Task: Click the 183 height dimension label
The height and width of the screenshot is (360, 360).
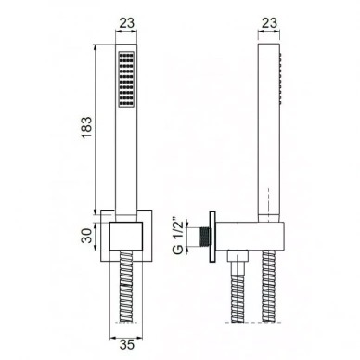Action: click(87, 127)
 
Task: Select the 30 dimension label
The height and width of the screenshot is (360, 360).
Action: click(87, 236)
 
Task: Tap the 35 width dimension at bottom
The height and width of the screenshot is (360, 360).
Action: click(126, 344)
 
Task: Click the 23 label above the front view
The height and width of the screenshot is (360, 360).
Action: click(127, 22)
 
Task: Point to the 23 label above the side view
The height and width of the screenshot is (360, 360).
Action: click(269, 22)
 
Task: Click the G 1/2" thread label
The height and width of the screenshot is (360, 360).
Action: click(179, 237)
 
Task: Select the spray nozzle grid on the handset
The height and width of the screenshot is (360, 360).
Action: click(126, 79)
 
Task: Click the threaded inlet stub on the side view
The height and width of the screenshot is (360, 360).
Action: click(204, 238)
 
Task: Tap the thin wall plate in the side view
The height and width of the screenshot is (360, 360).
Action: click(212, 237)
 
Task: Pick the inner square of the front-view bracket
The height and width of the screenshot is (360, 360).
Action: click(126, 236)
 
